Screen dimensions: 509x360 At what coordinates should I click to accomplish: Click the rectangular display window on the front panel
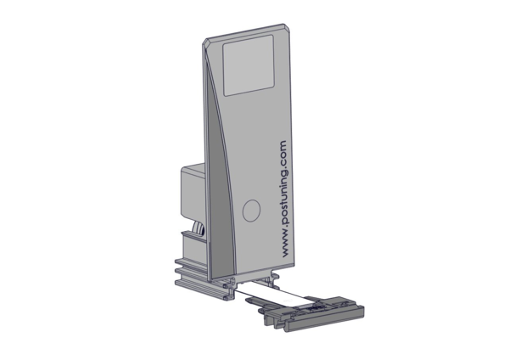pos(249,65)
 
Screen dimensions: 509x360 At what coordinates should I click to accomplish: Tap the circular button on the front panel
pos(252,211)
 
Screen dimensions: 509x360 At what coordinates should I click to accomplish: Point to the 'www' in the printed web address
pos(285,246)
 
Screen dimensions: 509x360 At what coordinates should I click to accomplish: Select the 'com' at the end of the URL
pos(283,151)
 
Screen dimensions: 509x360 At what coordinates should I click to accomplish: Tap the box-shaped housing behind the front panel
pos(193,192)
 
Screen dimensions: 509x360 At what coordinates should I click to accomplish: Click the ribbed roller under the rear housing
pos(199,230)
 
